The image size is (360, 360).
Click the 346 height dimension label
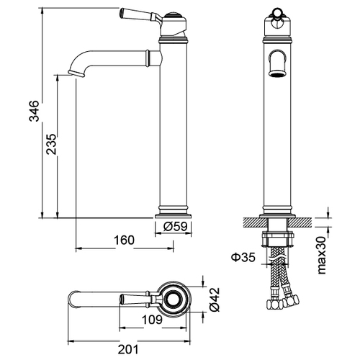pyautogui.click(x=34, y=111)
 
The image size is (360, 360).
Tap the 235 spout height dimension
pyautogui.click(x=51, y=144)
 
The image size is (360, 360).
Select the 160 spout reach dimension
pyautogui.click(x=124, y=240)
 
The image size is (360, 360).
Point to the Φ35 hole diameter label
pyautogui.click(x=243, y=257)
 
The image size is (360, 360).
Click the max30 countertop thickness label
pyautogui.click(x=322, y=255)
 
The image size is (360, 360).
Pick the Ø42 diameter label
pyautogui.click(x=215, y=300)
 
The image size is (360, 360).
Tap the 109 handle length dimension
pyautogui.click(x=152, y=320)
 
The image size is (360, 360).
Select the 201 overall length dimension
pyautogui.click(x=128, y=349)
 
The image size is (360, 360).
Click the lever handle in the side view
pyautogui.click(x=140, y=15)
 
